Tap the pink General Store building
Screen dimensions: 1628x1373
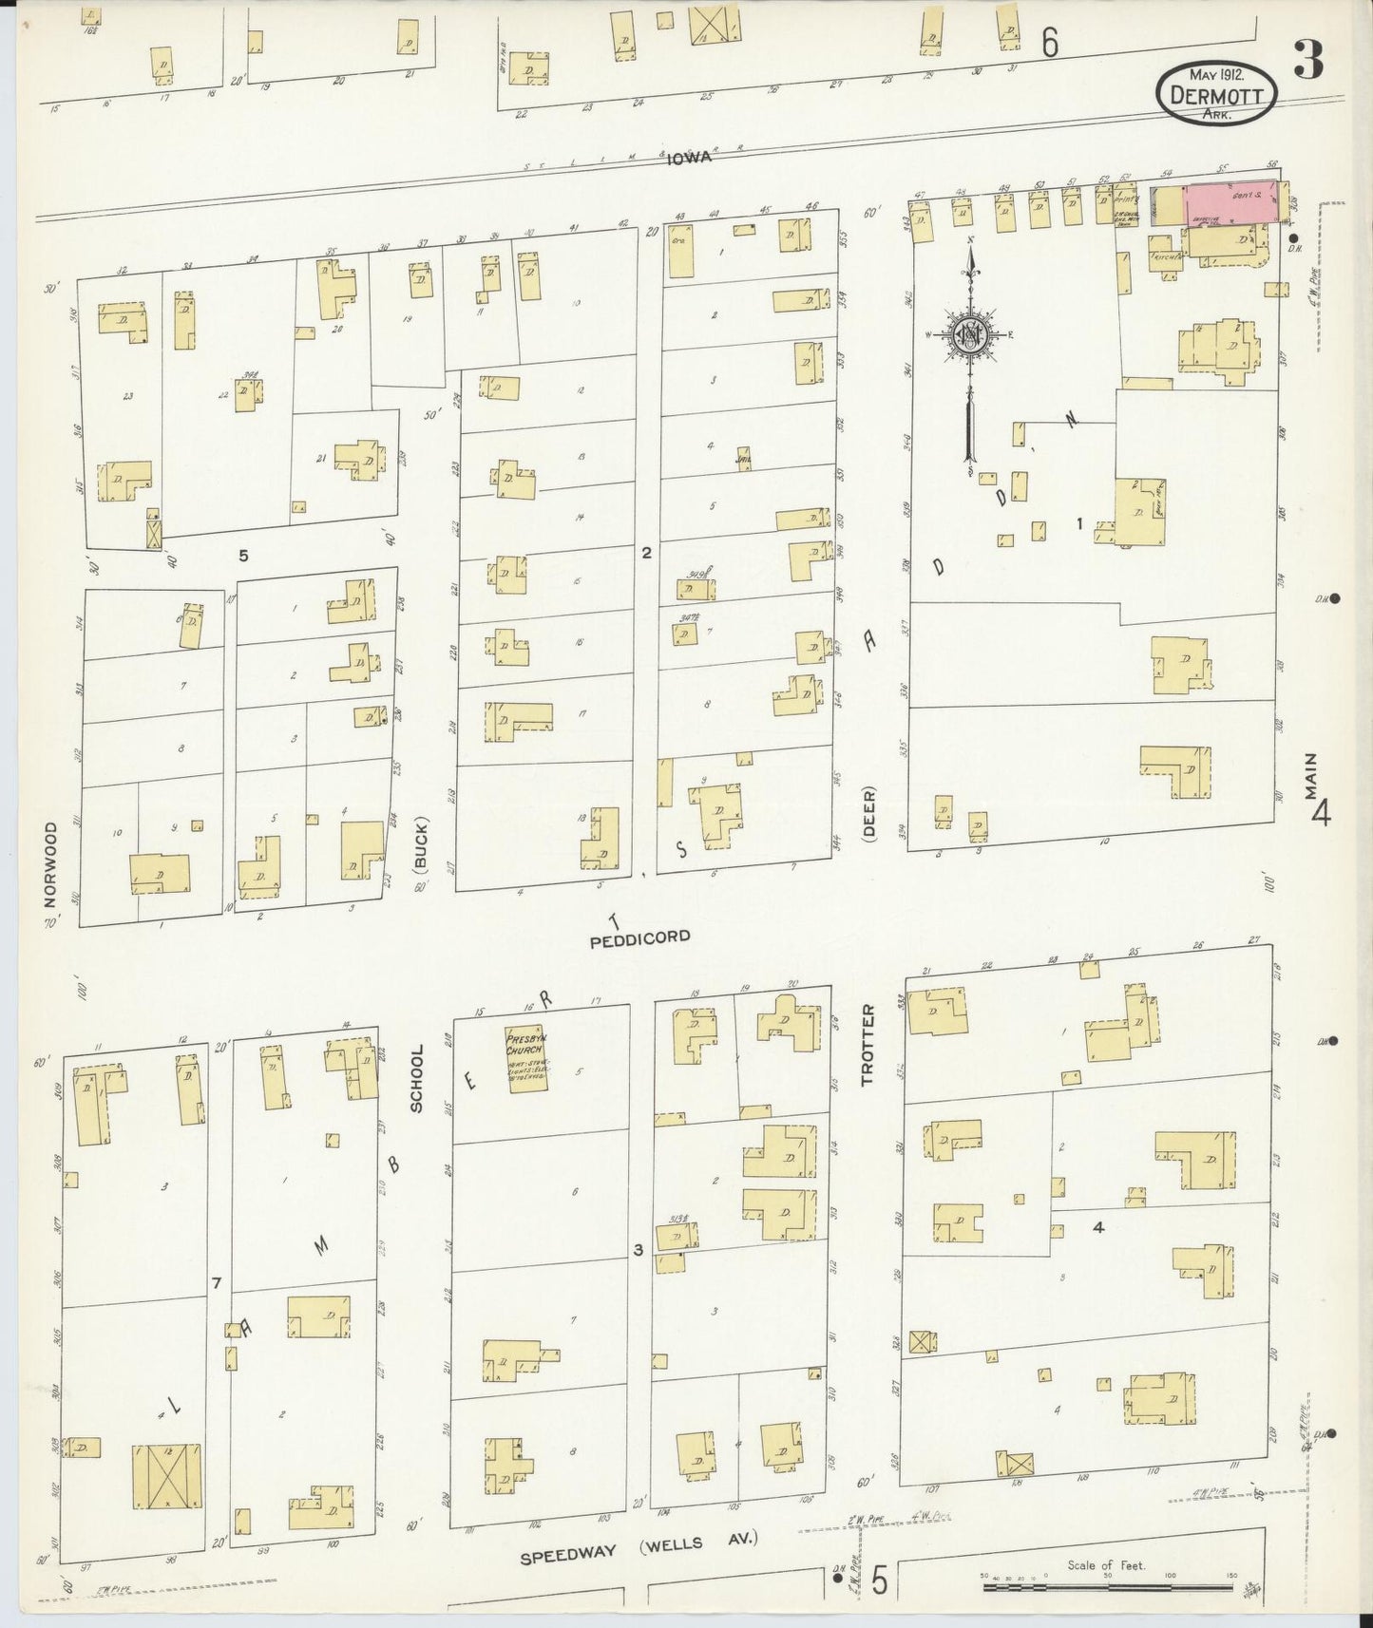point(1229,202)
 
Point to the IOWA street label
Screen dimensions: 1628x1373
point(688,159)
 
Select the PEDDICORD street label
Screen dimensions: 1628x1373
point(639,937)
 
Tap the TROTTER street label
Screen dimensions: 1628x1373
point(866,1045)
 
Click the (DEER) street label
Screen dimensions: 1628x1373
point(868,813)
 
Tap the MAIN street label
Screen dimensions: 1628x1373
point(1311,777)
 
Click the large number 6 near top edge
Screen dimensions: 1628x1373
point(1049,43)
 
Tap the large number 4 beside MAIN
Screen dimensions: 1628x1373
point(1321,813)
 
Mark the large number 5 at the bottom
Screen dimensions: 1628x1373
point(879,1581)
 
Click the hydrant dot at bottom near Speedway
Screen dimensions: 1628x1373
point(837,1579)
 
